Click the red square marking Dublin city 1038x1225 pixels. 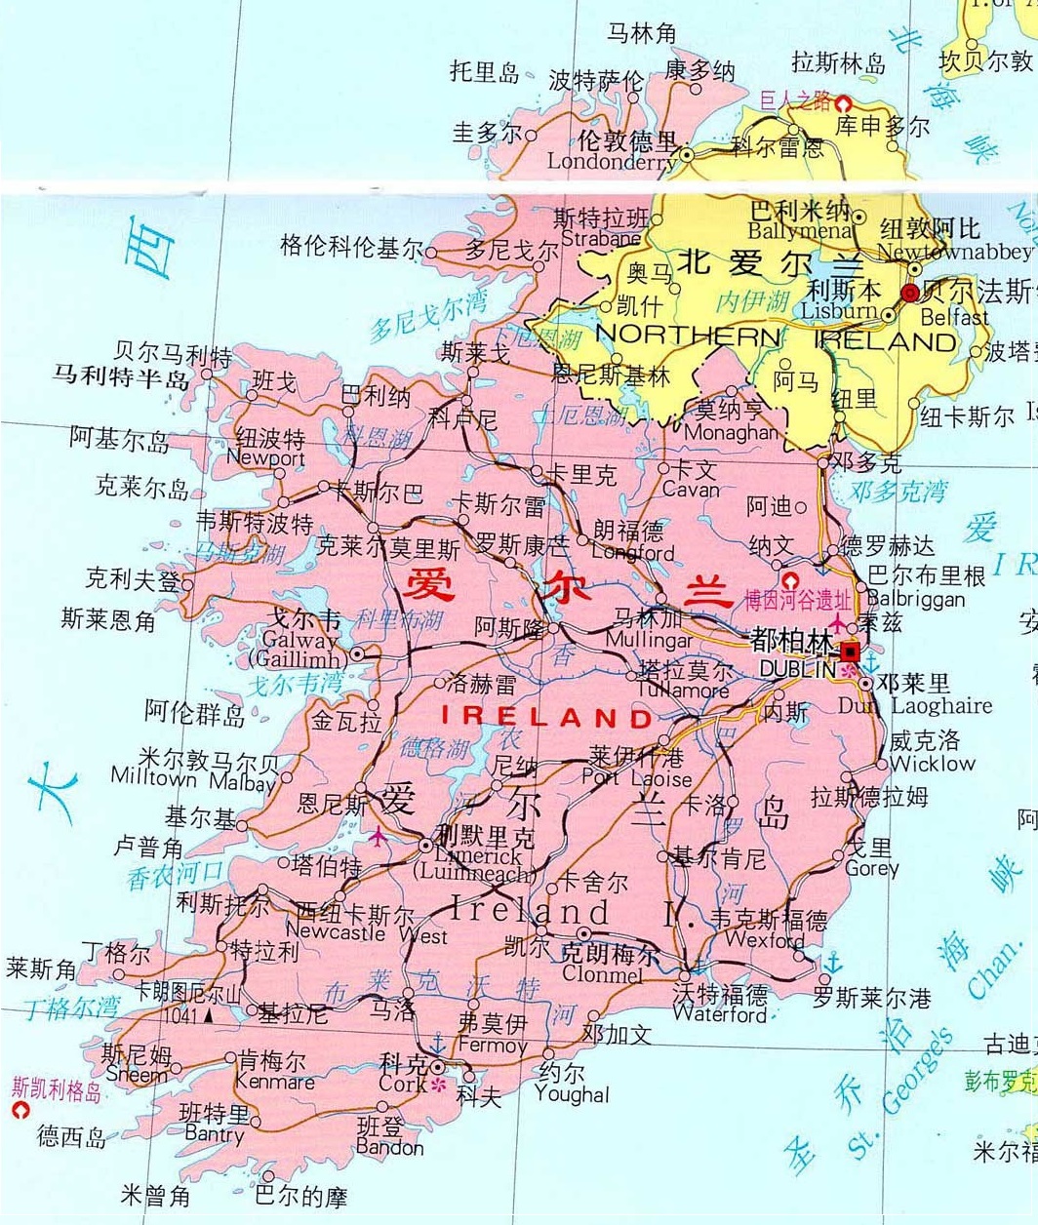click(x=851, y=651)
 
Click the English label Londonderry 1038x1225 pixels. click(x=611, y=162)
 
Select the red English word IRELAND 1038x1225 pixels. click(x=547, y=717)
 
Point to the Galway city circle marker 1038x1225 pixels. click(x=358, y=653)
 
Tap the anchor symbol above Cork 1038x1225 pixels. click(x=437, y=1045)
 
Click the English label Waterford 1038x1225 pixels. click(x=720, y=1015)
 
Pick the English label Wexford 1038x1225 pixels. click(x=766, y=940)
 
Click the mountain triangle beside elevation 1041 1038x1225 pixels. click(x=208, y=1016)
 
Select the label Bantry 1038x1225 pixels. click(x=214, y=1134)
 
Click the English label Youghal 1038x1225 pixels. click(x=572, y=1094)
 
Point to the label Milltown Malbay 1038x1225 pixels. click(x=193, y=779)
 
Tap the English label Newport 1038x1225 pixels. click(x=265, y=457)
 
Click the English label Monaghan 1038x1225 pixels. click(x=732, y=432)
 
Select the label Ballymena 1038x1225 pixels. click(x=800, y=231)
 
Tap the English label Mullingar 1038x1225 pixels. click(x=649, y=641)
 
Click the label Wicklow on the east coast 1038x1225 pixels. click(x=932, y=764)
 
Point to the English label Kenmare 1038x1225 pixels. click(x=275, y=1082)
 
